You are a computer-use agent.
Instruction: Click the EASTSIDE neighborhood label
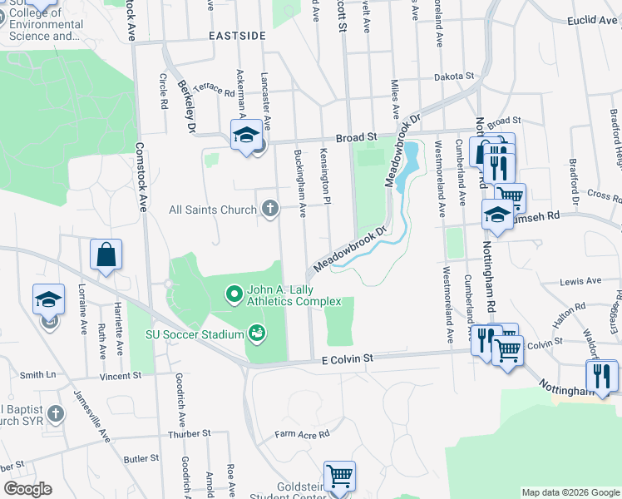tap(237, 36)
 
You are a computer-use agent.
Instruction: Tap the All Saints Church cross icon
tap(269, 209)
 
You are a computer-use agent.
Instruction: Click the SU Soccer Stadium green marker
tap(257, 333)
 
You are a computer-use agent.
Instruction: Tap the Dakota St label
tap(453, 77)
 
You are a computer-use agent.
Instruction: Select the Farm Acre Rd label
tap(303, 433)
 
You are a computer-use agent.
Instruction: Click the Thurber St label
tap(190, 433)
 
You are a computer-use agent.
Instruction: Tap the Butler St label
tap(141, 458)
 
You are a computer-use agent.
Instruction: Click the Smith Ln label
tap(37, 375)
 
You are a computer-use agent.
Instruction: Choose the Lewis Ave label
tap(580, 281)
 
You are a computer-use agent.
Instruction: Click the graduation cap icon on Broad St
tap(247, 135)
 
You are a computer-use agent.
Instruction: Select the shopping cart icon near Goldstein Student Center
tap(339, 476)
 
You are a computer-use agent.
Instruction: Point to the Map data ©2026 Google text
tap(570, 492)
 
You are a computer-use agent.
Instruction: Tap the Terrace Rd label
tap(218, 91)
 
